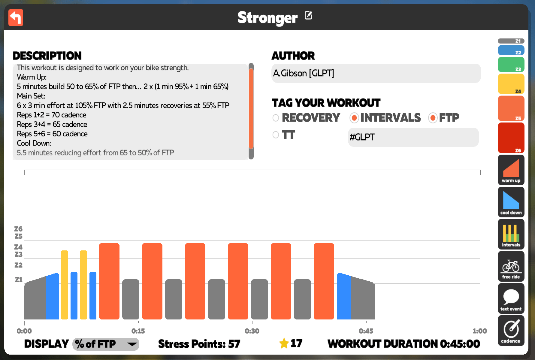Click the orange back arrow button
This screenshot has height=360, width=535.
(x=16, y=18)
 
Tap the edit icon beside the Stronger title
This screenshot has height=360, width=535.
(x=308, y=15)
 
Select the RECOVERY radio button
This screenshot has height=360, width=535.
(x=276, y=118)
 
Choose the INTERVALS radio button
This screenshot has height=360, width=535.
(x=354, y=118)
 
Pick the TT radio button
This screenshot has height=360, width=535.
(x=276, y=135)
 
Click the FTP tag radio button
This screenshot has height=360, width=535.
(x=433, y=118)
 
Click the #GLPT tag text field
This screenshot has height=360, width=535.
(x=413, y=137)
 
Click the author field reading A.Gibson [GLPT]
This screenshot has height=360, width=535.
(x=376, y=73)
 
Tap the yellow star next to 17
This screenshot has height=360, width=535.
(x=284, y=343)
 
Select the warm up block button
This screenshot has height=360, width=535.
(x=511, y=170)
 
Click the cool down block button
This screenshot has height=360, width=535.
(x=511, y=202)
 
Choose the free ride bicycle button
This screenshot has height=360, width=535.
(x=511, y=266)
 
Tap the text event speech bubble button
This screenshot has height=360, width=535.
(x=511, y=298)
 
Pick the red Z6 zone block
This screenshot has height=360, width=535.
(x=511, y=138)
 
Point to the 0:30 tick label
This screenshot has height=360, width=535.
(x=252, y=331)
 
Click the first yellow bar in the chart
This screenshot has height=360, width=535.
(x=65, y=285)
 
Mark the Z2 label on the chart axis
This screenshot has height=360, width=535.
(x=18, y=265)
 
